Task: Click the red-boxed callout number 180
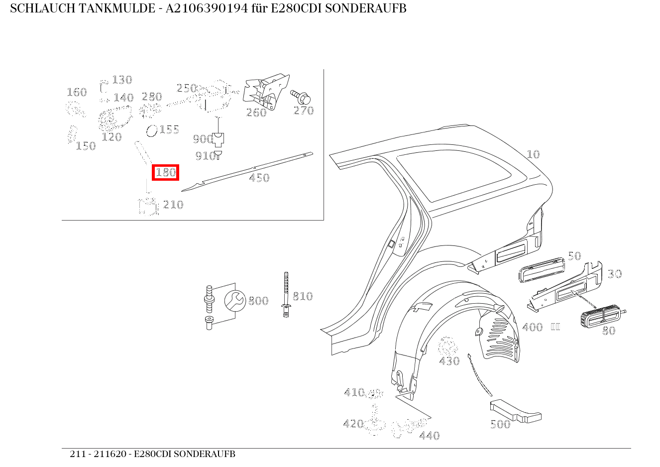click(x=165, y=173)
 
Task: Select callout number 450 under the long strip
click(x=259, y=178)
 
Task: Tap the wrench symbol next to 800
click(x=234, y=300)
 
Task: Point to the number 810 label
click(x=302, y=296)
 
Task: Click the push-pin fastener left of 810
click(x=286, y=295)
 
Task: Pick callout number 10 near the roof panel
click(x=533, y=154)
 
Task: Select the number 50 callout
click(x=574, y=256)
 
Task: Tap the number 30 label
click(x=615, y=274)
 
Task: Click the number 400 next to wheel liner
click(x=532, y=328)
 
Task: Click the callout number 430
click(x=449, y=361)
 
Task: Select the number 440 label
click(x=429, y=436)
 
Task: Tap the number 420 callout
click(x=353, y=424)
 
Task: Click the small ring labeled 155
click(x=151, y=131)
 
